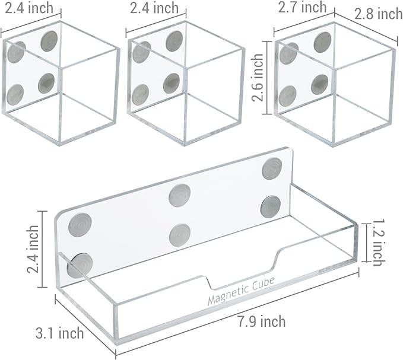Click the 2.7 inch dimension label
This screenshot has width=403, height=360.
(x=303, y=7)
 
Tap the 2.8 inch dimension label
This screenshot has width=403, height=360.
(x=379, y=14)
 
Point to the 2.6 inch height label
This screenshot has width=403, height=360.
(x=258, y=77)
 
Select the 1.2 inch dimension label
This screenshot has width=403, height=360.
(x=378, y=243)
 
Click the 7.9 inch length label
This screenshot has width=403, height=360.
(x=261, y=321)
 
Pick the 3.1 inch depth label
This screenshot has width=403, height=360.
(x=59, y=333)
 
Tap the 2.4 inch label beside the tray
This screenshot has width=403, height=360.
(x=33, y=249)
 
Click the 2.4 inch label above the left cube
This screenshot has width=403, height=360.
(x=29, y=8)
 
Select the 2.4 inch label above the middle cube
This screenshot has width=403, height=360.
(x=154, y=8)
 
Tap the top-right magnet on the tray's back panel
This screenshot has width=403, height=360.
(x=272, y=168)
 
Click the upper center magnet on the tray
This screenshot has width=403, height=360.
(x=180, y=195)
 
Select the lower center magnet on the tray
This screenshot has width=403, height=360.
(x=180, y=235)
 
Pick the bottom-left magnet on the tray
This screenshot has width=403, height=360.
(x=80, y=266)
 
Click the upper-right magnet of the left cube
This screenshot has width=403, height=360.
(x=49, y=41)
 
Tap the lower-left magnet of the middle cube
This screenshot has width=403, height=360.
(x=140, y=95)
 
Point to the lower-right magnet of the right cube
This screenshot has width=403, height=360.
(x=319, y=84)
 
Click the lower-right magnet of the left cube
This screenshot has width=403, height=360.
(x=46, y=83)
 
